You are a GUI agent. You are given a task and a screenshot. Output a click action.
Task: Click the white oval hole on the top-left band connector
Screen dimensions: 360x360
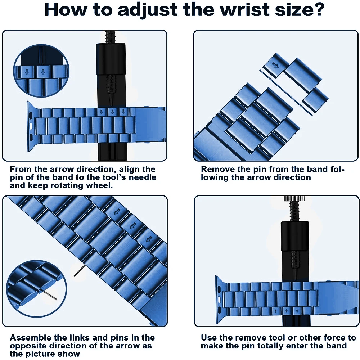click(31, 126)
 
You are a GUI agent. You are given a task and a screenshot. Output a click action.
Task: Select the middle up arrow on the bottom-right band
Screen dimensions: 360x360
click(286, 311)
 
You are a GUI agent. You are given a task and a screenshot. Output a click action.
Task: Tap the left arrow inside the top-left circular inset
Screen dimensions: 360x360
click(27, 72)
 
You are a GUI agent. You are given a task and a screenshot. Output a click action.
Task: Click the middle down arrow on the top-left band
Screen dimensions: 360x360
click(112, 112)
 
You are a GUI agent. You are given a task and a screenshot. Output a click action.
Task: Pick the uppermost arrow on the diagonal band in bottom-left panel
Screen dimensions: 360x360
click(117, 211)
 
